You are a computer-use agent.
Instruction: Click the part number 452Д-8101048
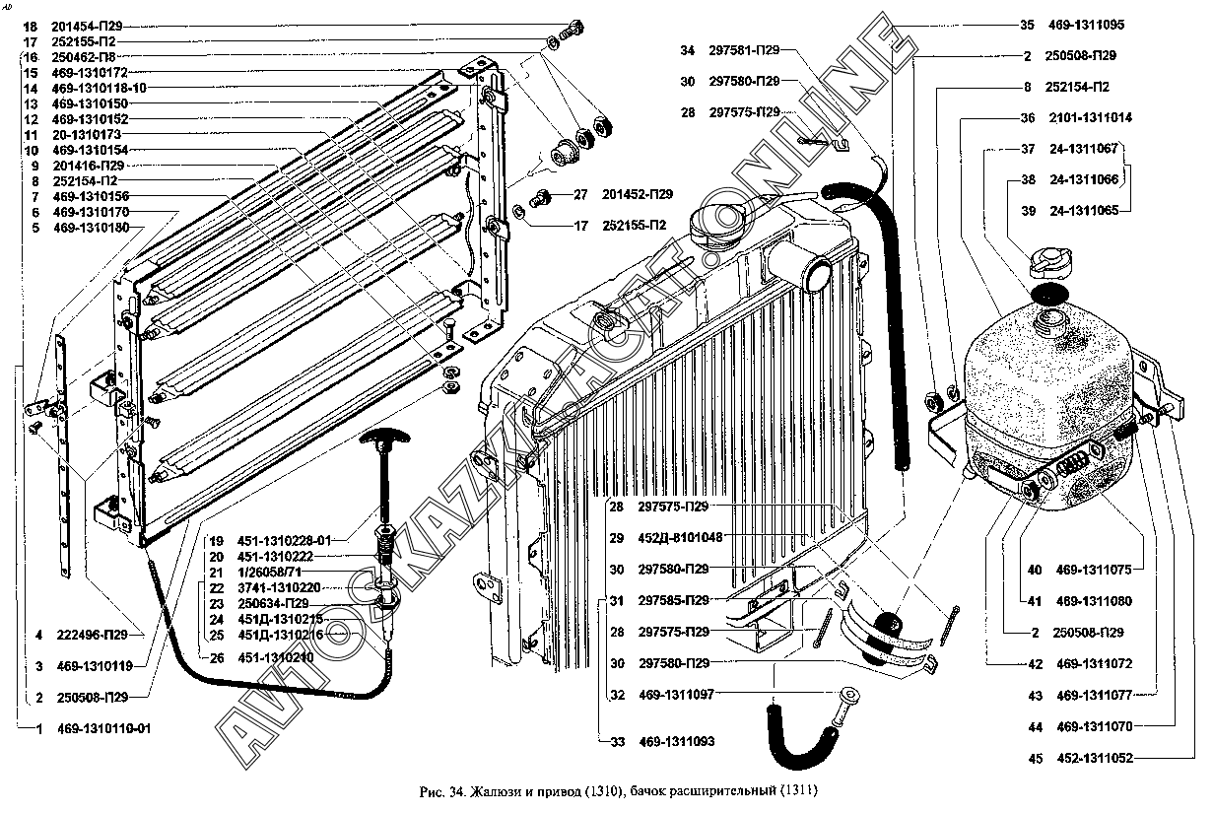[x=680, y=538]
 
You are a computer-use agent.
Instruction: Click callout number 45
[x=1034, y=758]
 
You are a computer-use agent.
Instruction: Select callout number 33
[x=616, y=741]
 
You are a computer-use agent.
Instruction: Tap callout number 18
[x=30, y=26]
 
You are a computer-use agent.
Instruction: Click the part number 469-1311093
[x=675, y=741]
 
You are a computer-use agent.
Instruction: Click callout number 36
[x=1027, y=118]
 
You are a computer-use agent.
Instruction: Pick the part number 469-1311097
[x=675, y=695]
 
